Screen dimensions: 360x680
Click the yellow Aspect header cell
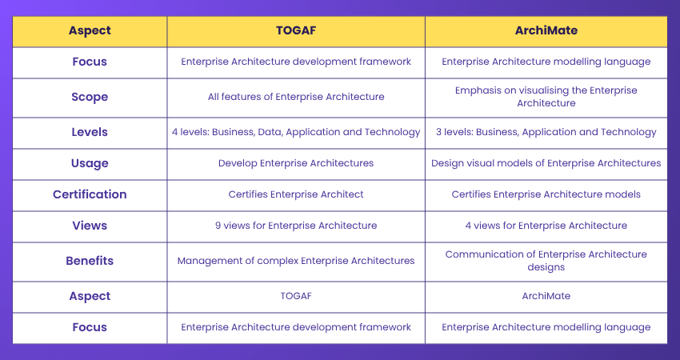pyautogui.click(x=90, y=30)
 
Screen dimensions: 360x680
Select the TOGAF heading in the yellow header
pyautogui.click(x=296, y=30)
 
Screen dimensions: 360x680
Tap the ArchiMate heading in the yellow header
pyautogui.click(x=546, y=30)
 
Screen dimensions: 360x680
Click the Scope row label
pyautogui.click(x=90, y=97)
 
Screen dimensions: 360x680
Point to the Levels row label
pyautogui.click(x=90, y=132)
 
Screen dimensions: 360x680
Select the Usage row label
pyautogui.click(x=90, y=163)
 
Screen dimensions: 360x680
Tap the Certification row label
pyautogui.click(x=90, y=194)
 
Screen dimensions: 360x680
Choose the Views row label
pyautogui.click(x=90, y=226)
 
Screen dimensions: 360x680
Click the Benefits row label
pyautogui.click(x=90, y=261)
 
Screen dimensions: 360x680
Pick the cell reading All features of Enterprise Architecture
pyautogui.click(x=296, y=97)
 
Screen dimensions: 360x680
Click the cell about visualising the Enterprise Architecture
pyautogui.click(x=546, y=97)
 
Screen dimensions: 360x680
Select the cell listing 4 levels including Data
pyautogui.click(x=296, y=132)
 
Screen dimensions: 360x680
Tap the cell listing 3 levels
pyautogui.click(x=546, y=132)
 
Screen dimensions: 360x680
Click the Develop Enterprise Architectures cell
pyautogui.click(x=296, y=163)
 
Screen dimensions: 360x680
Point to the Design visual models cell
pyautogui.click(x=546, y=163)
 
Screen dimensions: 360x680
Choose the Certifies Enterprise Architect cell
pyautogui.click(x=296, y=194)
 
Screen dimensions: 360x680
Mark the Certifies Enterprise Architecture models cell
pyautogui.click(x=546, y=194)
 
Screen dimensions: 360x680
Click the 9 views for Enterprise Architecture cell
pyautogui.click(x=296, y=226)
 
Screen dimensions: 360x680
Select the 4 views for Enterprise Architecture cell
pyautogui.click(x=546, y=226)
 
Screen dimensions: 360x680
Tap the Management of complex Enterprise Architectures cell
pyautogui.click(x=296, y=261)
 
